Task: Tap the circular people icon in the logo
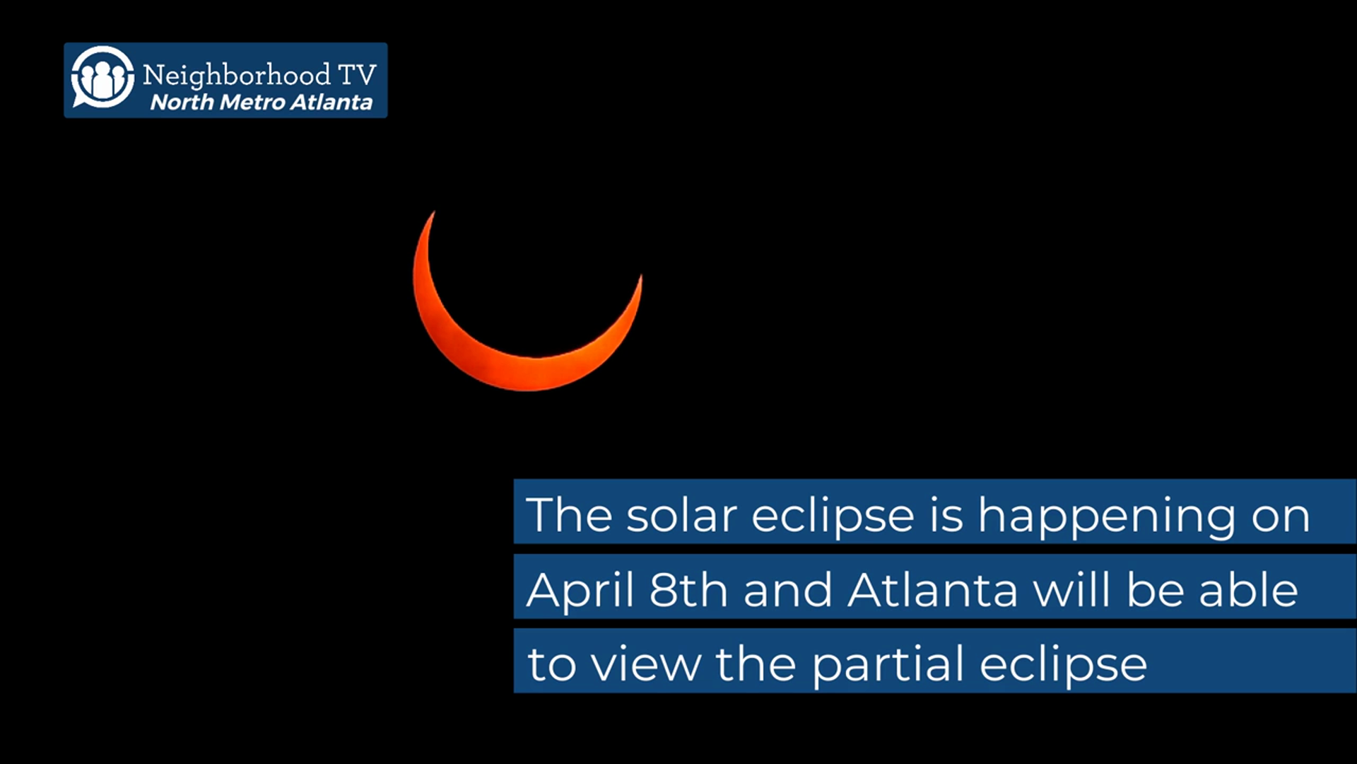[x=102, y=78]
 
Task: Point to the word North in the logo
[x=182, y=103]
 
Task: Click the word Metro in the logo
[x=252, y=103]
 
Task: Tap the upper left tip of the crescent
[x=433, y=212]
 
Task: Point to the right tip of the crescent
[x=641, y=277]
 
